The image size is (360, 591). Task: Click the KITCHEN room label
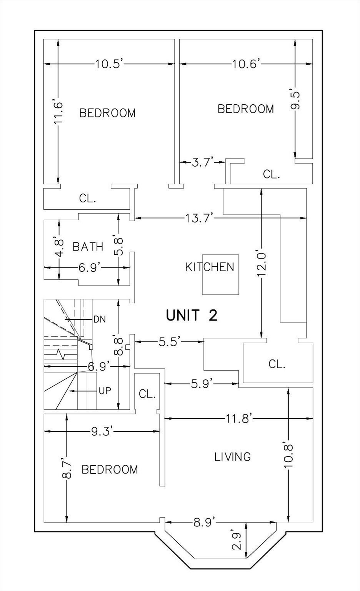tap(210, 267)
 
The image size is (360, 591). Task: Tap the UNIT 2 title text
tap(192, 316)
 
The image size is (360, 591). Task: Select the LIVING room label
tap(232, 457)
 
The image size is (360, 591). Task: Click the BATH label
tap(88, 247)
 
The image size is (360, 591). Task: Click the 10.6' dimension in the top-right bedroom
tap(247, 64)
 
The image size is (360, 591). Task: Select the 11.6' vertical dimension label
tap(58, 113)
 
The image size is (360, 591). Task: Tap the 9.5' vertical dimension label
tap(295, 101)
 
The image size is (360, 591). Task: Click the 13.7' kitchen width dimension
tap(198, 218)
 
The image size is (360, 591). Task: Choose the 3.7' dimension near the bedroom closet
tap(202, 162)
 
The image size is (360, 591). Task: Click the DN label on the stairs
tap(99, 319)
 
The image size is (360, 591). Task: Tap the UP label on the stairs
tap(105, 391)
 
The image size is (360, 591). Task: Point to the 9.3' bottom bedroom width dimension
tap(102, 432)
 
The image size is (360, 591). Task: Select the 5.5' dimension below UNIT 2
tap(170, 341)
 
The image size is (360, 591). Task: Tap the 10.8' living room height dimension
tap(289, 456)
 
